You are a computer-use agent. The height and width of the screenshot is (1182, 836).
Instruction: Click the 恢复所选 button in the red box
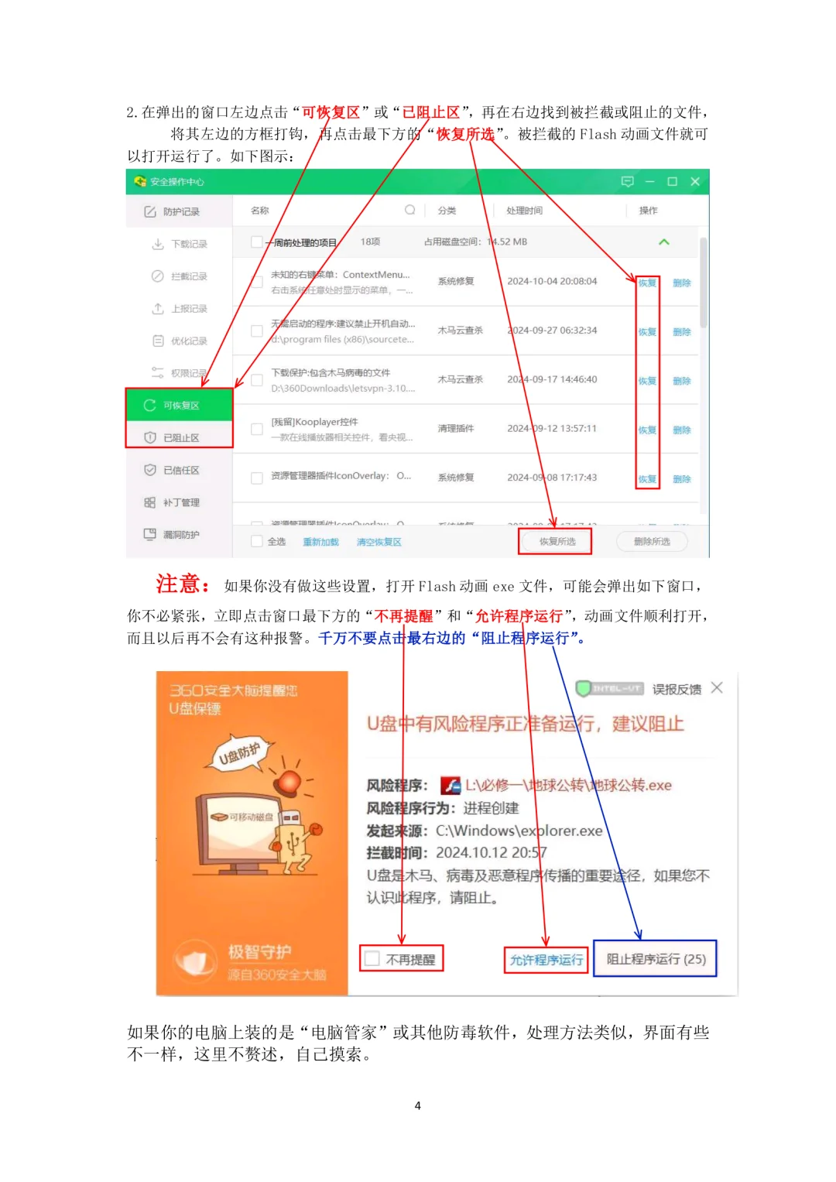click(x=556, y=542)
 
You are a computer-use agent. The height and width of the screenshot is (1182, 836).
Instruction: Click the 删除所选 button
click(x=652, y=542)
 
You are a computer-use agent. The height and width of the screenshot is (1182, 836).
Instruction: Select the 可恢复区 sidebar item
click(x=180, y=406)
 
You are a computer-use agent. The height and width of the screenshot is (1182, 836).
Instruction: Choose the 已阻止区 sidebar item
click(x=180, y=438)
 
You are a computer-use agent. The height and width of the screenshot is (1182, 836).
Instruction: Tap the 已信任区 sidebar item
click(x=180, y=471)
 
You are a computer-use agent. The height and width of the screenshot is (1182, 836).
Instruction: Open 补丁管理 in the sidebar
click(x=180, y=503)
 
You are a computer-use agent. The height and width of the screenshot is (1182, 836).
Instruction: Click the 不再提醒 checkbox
click(x=373, y=959)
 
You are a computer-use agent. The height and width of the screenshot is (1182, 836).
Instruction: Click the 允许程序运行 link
click(x=546, y=960)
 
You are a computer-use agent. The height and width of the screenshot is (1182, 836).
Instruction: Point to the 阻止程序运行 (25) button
click(x=656, y=959)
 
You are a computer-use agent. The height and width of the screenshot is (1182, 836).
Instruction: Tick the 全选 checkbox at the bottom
click(x=257, y=542)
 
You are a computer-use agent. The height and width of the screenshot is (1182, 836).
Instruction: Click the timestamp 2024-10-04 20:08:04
click(x=552, y=282)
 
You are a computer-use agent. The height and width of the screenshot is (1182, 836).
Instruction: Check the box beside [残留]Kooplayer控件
click(x=257, y=429)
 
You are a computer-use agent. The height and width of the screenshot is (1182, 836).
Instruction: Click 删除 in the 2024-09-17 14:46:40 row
click(x=681, y=381)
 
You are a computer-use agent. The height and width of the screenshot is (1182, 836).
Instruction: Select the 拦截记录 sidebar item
click(x=188, y=276)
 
